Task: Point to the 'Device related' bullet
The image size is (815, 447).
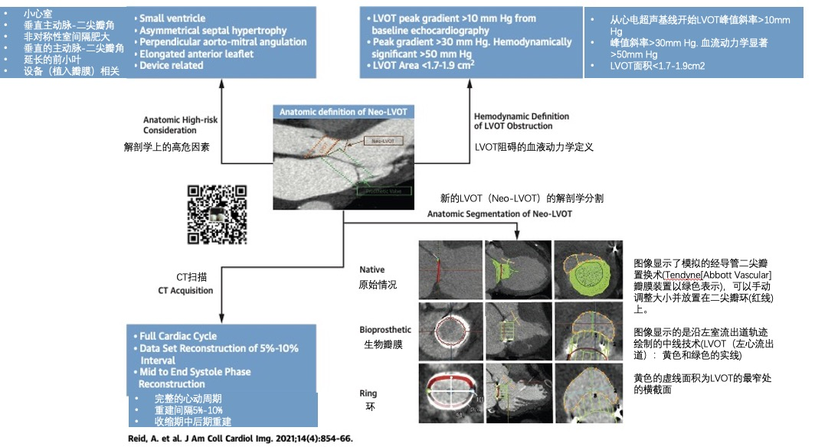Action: pyautogui.click(x=172, y=66)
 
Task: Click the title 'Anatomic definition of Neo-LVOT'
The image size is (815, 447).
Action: pyautogui.click(x=343, y=112)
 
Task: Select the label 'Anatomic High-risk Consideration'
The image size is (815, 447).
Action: pyautogui.click(x=182, y=125)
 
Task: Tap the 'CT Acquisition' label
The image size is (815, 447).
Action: pyautogui.click(x=185, y=291)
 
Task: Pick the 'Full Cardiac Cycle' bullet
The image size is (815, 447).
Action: pyautogui.click(x=178, y=336)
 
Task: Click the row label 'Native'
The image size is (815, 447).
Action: pyautogui.click(x=372, y=269)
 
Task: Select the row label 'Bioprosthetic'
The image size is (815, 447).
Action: pyautogui.click(x=385, y=330)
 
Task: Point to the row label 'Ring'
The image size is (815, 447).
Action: pyautogui.click(x=368, y=393)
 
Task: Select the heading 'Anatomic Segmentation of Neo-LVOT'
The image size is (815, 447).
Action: pyautogui.click(x=499, y=214)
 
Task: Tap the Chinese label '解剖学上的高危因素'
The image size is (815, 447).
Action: pyautogui.click(x=167, y=145)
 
